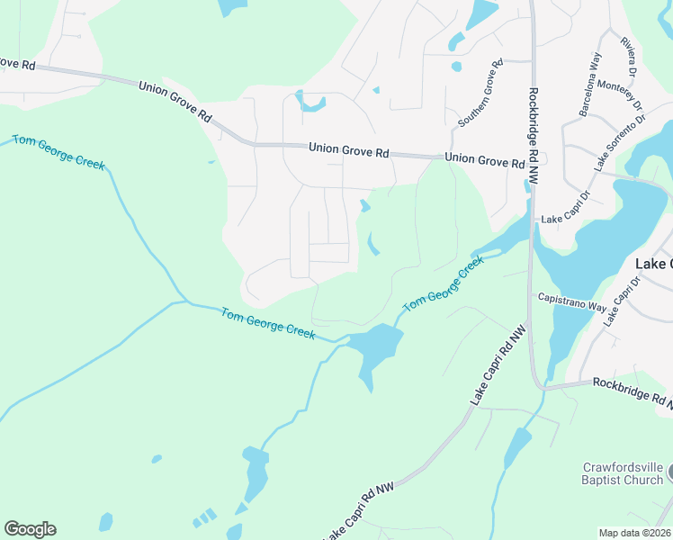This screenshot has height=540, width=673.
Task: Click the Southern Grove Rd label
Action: coord(479,94)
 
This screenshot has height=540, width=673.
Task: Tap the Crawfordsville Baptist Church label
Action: coord(622,473)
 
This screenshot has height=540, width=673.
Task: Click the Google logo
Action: coord(30,529)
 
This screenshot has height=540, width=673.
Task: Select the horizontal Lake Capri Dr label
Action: coord(564,219)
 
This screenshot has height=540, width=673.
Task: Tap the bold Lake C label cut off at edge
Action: coord(653,264)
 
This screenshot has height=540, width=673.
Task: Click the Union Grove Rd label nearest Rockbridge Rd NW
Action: coord(485,160)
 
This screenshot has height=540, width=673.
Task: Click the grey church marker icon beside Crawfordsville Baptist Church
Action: coord(669,472)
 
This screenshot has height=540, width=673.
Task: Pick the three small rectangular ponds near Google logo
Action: coord(204,517)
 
